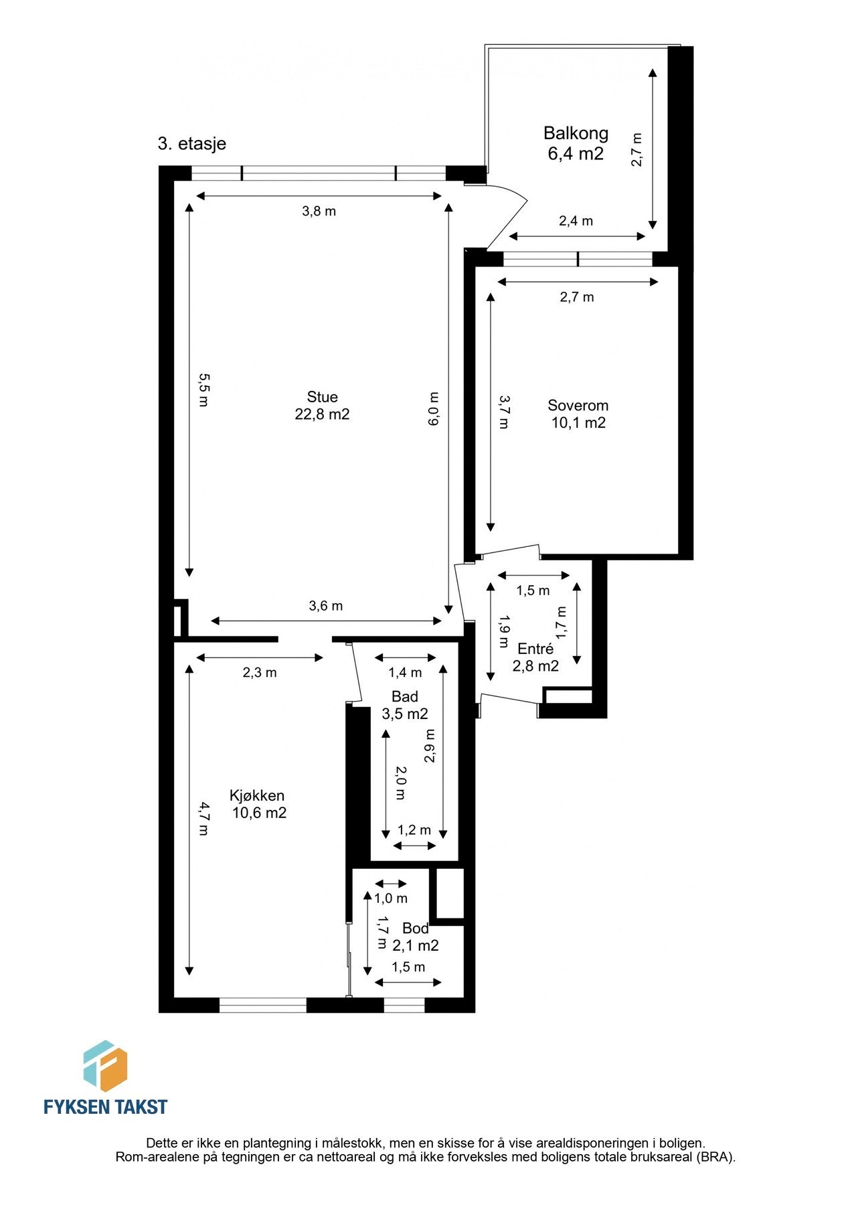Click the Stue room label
pyautogui.click(x=322, y=397)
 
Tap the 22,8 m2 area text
pyautogui.click(x=322, y=414)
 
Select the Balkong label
pyautogui.click(x=576, y=133)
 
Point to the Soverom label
pyautogui.click(x=578, y=406)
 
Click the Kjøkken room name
pyautogui.click(x=257, y=796)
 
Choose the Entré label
pyautogui.click(x=535, y=649)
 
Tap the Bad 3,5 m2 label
pyautogui.click(x=405, y=706)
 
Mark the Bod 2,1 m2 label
pyautogui.click(x=416, y=937)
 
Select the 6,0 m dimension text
pyautogui.click(x=434, y=409)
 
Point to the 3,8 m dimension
pyautogui.click(x=319, y=212)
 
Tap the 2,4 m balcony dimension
pyautogui.click(x=576, y=221)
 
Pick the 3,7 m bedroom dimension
pyautogui.click(x=503, y=412)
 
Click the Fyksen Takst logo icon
pyautogui.click(x=105, y=1066)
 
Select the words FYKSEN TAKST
pyautogui.click(x=105, y=1107)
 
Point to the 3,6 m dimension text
pyautogui.click(x=325, y=606)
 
